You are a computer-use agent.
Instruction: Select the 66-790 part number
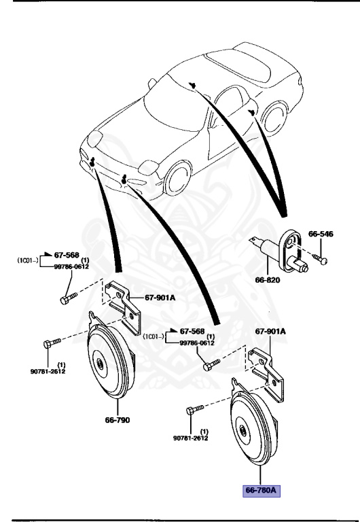coord(118,419)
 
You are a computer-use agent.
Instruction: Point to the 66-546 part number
coord(321,233)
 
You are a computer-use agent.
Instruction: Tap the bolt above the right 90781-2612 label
coord(194,410)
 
